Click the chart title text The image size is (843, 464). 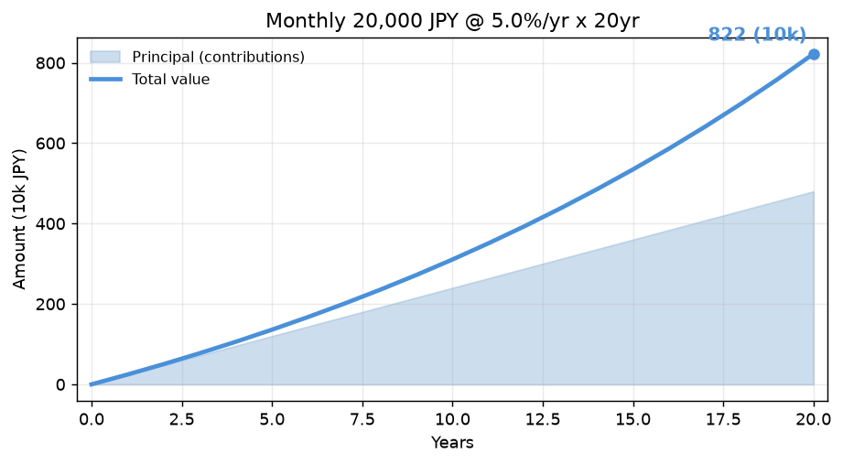pyautogui.click(x=452, y=21)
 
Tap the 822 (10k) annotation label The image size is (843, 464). pyautogui.click(x=757, y=35)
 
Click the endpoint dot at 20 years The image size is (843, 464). pyautogui.click(x=814, y=54)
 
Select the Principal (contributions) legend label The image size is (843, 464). pyautogui.click(x=218, y=57)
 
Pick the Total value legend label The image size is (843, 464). pyautogui.click(x=171, y=80)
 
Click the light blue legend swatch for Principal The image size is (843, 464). pyautogui.click(x=105, y=57)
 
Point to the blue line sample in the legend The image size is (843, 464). pyautogui.click(x=105, y=80)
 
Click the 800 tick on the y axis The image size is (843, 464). pyautogui.click(x=50, y=63)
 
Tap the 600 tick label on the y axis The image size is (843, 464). pyautogui.click(x=50, y=144)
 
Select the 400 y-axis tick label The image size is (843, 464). pyautogui.click(x=50, y=223)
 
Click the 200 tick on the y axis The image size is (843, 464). pyautogui.click(x=50, y=305)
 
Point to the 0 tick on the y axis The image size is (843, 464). pyautogui.click(x=60, y=385)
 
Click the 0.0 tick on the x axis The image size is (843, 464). pyautogui.click(x=92, y=419)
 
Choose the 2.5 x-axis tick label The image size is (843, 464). pyautogui.click(x=182, y=419)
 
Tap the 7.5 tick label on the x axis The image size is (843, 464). pyautogui.click(x=362, y=419)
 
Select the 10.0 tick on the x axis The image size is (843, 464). pyautogui.click(x=453, y=419)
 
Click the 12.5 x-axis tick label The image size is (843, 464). pyautogui.click(x=543, y=419)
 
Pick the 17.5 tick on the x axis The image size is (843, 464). pyautogui.click(x=724, y=419)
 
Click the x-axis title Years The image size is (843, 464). pyautogui.click(x=452, y=443)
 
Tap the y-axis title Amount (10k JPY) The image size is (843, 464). pyautogui.click(x=19, y=220)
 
